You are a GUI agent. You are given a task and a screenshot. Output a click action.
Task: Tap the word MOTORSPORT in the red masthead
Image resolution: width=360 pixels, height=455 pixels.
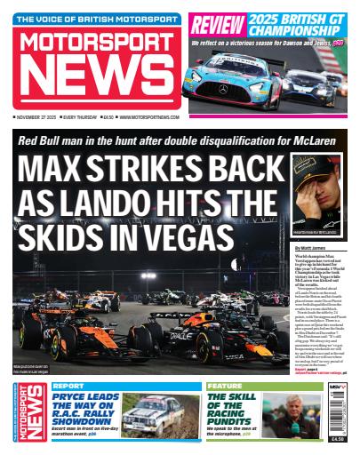93,45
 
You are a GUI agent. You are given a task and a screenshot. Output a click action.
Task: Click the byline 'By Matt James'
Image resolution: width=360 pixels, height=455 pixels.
311,249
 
